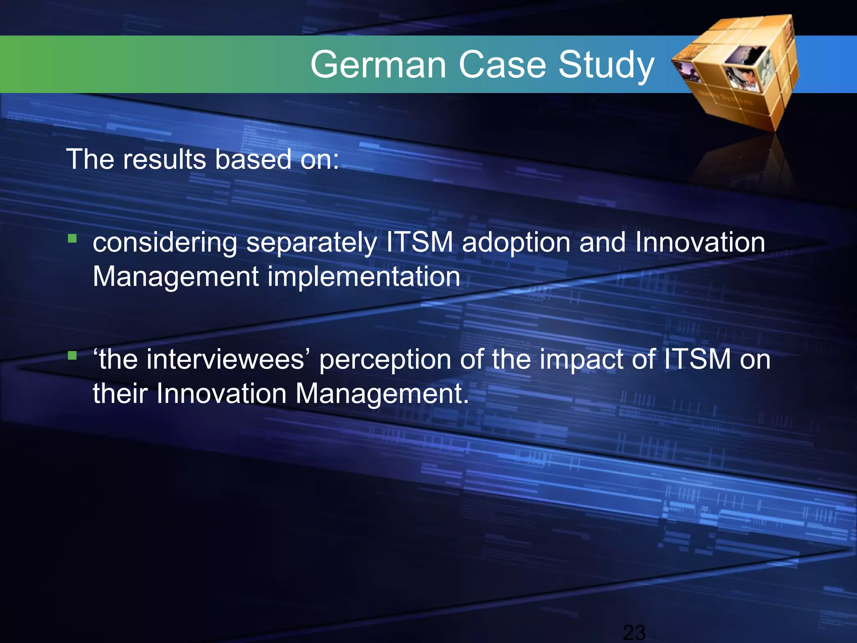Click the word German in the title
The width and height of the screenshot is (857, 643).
[378, 65]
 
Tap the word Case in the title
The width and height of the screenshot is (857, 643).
[502, 65]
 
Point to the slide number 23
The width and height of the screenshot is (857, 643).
[634, 633]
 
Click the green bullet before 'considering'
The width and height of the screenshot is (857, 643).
[72, 239]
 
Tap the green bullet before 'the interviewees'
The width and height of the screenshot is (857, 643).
[72, 356]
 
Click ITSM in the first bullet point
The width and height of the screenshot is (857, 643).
[419, 242]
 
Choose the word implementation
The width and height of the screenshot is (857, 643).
[364, 277]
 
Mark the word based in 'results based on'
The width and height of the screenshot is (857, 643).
[253, 159]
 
